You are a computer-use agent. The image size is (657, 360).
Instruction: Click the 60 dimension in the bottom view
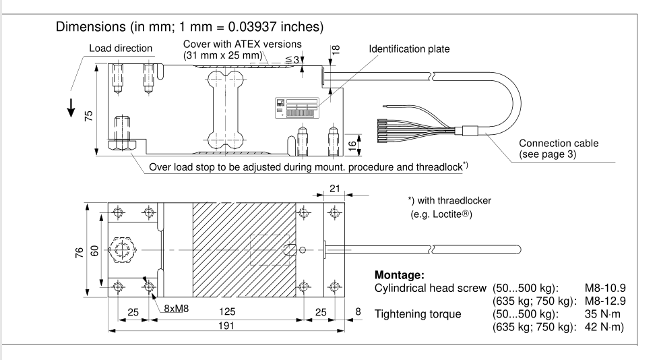click(95, 250)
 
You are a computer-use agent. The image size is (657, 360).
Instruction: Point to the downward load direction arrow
click(71, 110)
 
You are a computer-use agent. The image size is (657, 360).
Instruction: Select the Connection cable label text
click(559, 144)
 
